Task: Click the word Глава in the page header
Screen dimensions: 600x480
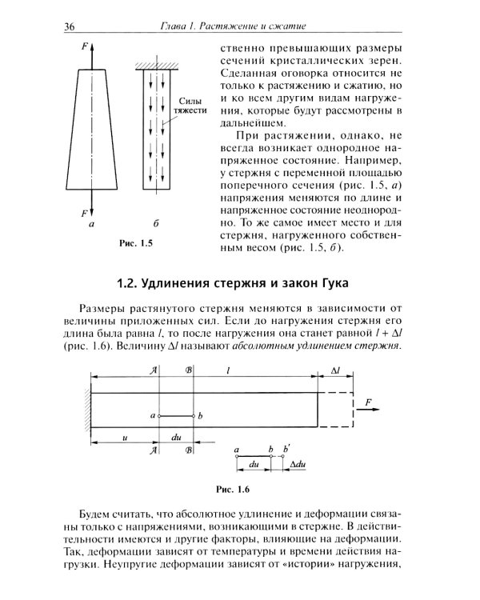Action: pyautogui.click(x=175, y=29)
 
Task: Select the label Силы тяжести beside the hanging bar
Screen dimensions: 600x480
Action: pyautogui.click(x=191, y=105)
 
